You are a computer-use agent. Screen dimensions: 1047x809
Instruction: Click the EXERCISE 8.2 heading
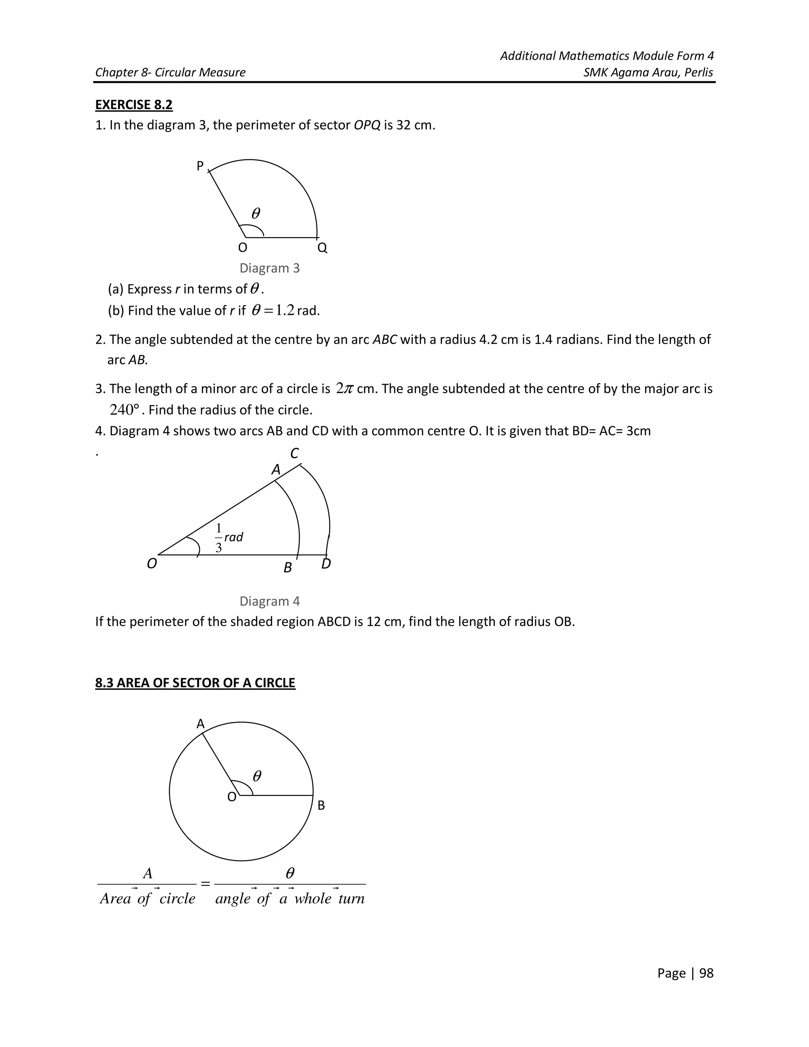coord(134,105)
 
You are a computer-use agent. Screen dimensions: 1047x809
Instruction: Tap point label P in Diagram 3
coord(200,166)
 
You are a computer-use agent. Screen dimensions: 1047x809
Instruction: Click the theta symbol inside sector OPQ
coord(256,213)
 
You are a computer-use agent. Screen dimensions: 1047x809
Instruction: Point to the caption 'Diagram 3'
coord(269,268)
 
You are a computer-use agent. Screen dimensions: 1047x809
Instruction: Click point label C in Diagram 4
coord(295,453)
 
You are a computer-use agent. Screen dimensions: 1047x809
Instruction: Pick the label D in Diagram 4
coord(326,564)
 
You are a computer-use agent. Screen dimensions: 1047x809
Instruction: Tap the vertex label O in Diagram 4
coord(151,564)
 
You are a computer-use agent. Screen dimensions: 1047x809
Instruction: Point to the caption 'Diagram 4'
coord(269,601)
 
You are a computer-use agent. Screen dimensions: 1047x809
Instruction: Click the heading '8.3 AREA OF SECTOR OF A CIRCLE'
coord(195,683)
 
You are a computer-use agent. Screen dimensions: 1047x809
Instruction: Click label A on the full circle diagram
coord(200,724)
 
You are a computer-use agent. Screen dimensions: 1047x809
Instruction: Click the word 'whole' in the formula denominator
coord(312,898)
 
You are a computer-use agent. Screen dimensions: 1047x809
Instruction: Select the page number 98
coord(706,973)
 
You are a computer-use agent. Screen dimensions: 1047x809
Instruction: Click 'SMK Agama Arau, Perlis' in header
coord(648,72)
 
